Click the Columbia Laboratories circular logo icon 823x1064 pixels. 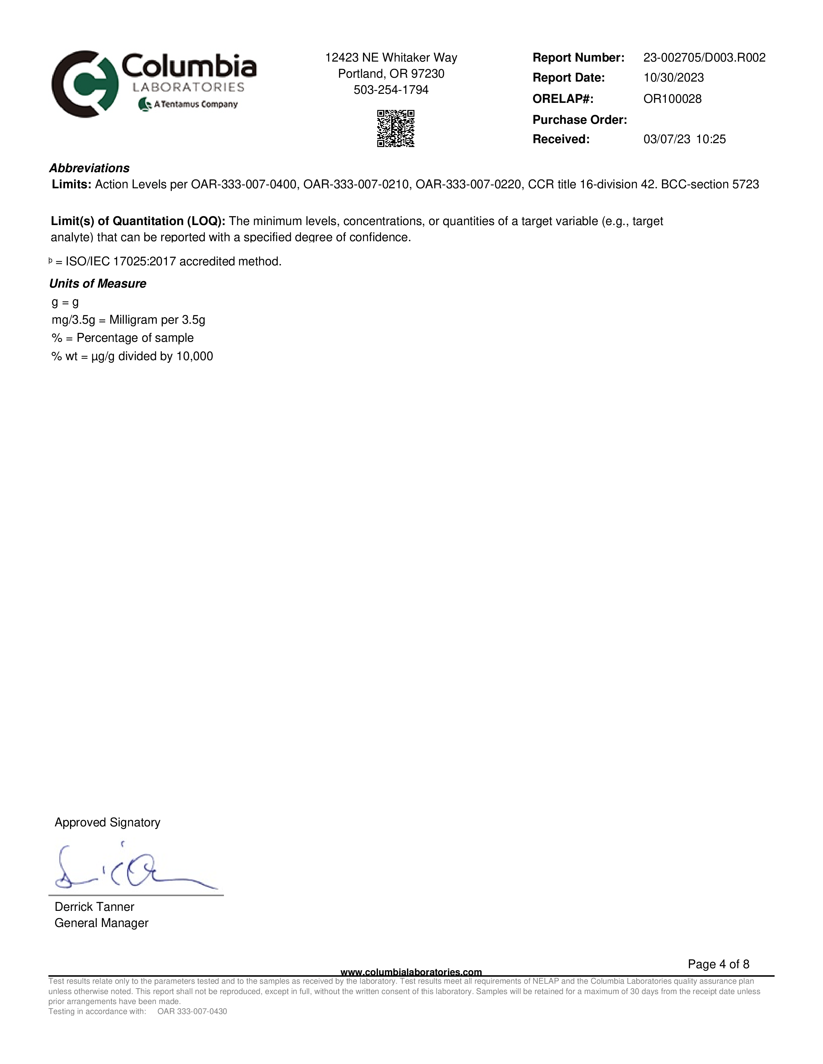(x=84, y=84)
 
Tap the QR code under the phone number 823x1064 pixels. (x=395, y=129)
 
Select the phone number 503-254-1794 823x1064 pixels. (x=391, y=90)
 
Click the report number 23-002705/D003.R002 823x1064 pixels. (x=704, y=58)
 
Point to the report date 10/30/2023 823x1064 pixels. (x=673, y=78)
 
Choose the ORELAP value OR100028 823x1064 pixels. (x=672, y=99)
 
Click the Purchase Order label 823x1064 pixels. (x=579, y=120)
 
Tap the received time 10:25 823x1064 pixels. (x=711, y=139)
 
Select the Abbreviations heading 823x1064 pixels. (x=89, y=168)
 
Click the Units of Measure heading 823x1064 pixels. (x=97, y=283)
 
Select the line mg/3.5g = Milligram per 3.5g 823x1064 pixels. (x=128, y=320)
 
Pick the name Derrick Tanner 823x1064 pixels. (x=94, y=907)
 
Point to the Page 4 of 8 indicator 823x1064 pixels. (x=718, y=964)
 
